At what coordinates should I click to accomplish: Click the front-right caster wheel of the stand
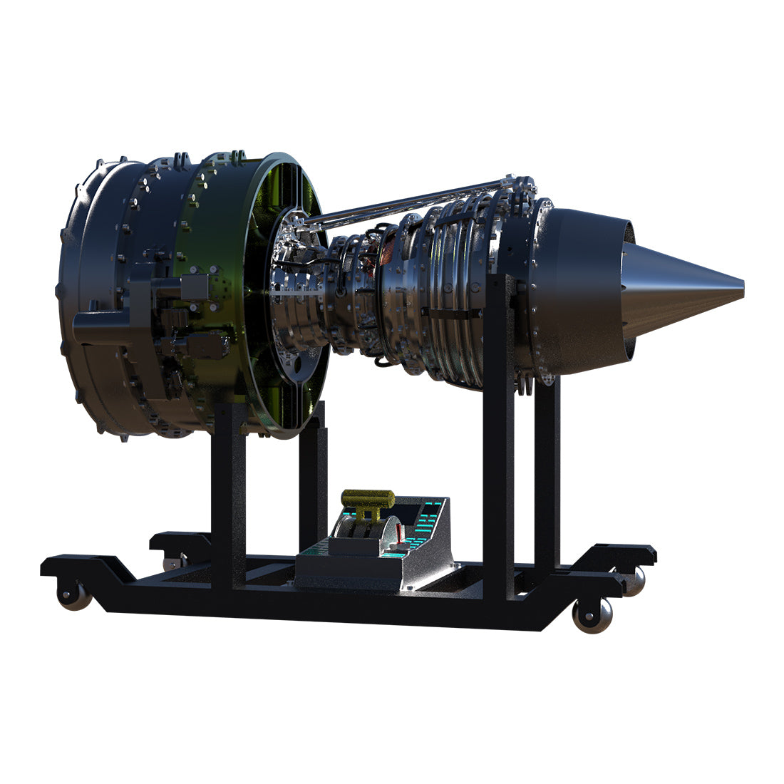pyautogui.click(x=593, y=614)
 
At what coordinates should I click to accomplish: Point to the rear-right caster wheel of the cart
pyautogui.click(x=632, y=581)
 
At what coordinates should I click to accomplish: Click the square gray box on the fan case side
pyautogui.click(x=193, y=287)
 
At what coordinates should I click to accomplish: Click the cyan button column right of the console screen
pyautogui.click(x=430, y=517)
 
